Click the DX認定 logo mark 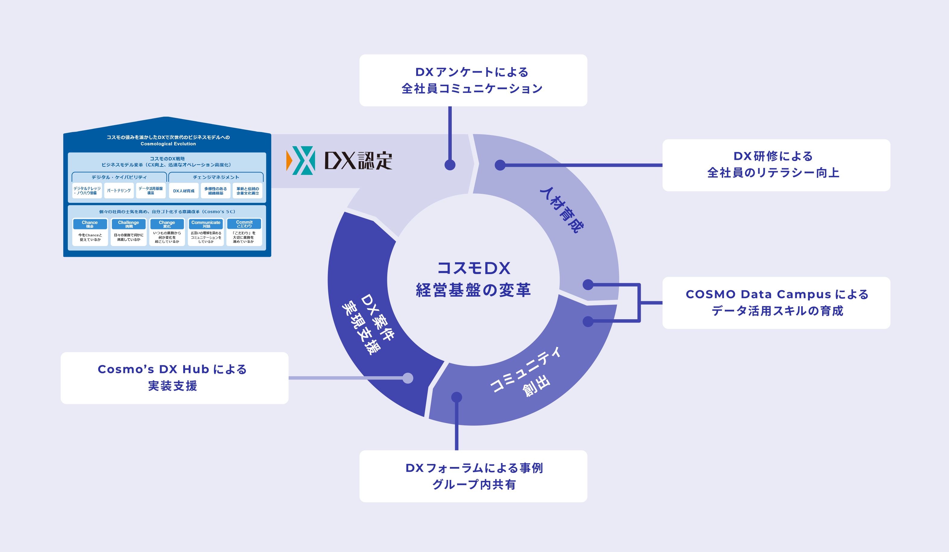[x=300, y=160]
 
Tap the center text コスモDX [x=473, y=268]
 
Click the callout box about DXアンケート [x=473, y=80]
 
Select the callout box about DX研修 [x=776, y=165]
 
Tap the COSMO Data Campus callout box [x=776, y=303]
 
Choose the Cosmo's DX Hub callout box [x=174, y=378]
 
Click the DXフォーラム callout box [x=473, y=476]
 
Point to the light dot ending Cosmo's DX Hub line [x=408, y=378]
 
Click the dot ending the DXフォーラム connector [x=457, y=397]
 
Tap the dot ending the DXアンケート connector [x=450, y=165]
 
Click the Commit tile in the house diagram [x=244, y=232]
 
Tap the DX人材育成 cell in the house [x=184, y=191]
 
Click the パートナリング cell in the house [x=119, y=191]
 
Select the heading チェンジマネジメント [x=216, y=177]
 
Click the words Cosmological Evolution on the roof [x=168, y=144]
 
